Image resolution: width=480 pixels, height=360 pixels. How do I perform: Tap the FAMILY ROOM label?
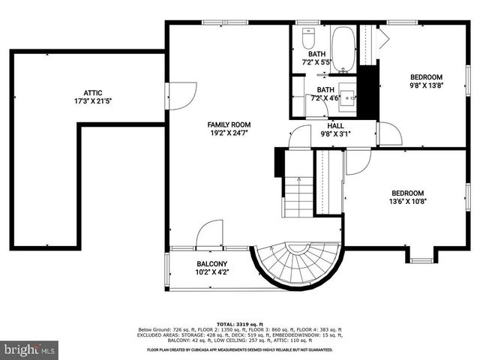(x=229, y=124)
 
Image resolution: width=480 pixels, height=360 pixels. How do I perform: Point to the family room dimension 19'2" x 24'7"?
(x=229, y=133)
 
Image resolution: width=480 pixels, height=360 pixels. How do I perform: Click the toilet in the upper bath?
(x=308, y=37)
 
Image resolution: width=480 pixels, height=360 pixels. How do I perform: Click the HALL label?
(x=335, y=126)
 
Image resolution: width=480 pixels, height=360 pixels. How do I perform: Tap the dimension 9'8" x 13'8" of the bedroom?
(x=425, y=86)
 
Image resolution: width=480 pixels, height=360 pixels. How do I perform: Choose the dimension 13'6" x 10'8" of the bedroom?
(x=407, y=201)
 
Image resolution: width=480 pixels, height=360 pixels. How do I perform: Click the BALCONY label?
(x=212, y=264)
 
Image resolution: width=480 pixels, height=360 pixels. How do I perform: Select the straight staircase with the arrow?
(x=298, y=196)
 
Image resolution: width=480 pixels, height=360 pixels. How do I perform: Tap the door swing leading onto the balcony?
(x=210, y=233)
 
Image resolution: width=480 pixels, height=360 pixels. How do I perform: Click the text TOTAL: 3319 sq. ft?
(x=239, y=323)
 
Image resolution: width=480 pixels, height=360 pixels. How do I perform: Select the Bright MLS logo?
(x=30, y=349)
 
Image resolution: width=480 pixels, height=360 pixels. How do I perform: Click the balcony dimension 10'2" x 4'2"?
(x=212, y=273)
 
